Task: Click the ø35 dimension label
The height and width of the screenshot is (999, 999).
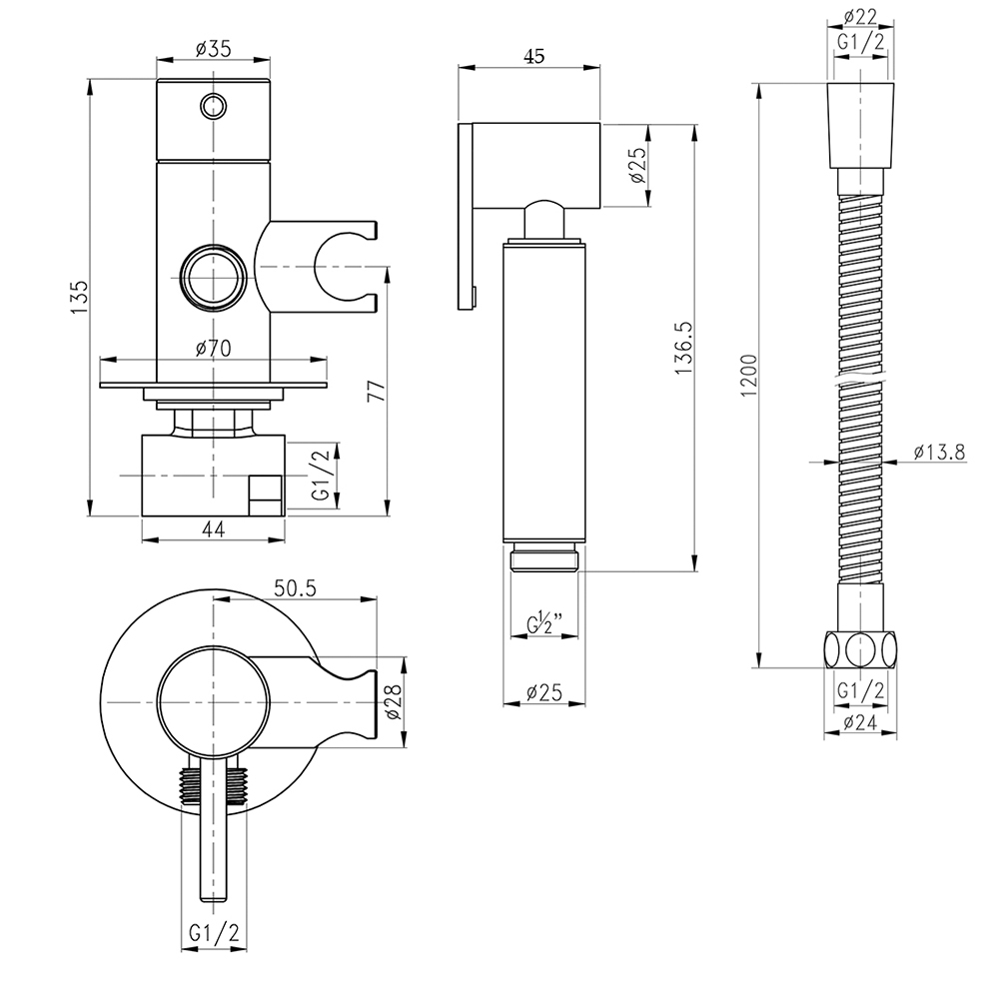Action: [x=213, y=48]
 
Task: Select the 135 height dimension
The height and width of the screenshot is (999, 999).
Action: [x=78, y=297]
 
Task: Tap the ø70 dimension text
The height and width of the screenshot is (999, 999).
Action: [x=213, y=348]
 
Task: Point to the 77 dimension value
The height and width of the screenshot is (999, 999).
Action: [x=378, y=390]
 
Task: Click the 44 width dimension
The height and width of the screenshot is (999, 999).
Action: [x=214, y=528]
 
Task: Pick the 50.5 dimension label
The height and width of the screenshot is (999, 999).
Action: [x=295, y=588]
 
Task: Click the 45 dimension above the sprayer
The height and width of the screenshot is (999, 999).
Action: [x=534, y=56]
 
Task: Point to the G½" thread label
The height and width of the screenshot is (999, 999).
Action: [x=544, y=622]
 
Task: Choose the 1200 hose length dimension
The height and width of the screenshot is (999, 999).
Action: [x=749, y=376]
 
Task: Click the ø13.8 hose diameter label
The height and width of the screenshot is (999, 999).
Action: [x=939, y=452]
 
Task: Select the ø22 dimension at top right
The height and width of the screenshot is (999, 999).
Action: [x=860, y=17]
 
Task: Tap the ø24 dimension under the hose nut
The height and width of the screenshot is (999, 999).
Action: [x=860, y=722]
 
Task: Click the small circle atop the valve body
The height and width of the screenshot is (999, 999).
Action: [x=213, y=106]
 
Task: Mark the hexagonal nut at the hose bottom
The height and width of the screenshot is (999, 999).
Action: [x=860, y=650]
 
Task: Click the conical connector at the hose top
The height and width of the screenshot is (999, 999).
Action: [x=860, y=126]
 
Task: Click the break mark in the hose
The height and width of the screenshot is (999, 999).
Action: [x=860, y=381]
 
